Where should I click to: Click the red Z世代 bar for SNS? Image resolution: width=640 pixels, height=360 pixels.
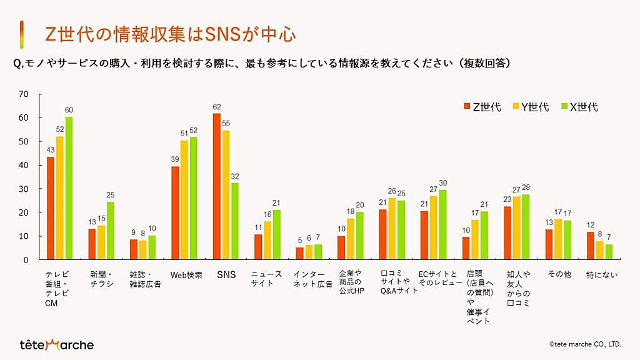coord(216,186)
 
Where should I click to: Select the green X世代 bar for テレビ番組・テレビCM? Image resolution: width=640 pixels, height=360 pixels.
coord(69,188)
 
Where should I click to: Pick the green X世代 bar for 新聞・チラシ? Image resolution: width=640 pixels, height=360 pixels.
coord(110,231)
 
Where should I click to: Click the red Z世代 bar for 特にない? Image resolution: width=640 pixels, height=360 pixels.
coord(590,246)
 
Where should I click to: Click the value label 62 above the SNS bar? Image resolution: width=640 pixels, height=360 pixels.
coord(216,107)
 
